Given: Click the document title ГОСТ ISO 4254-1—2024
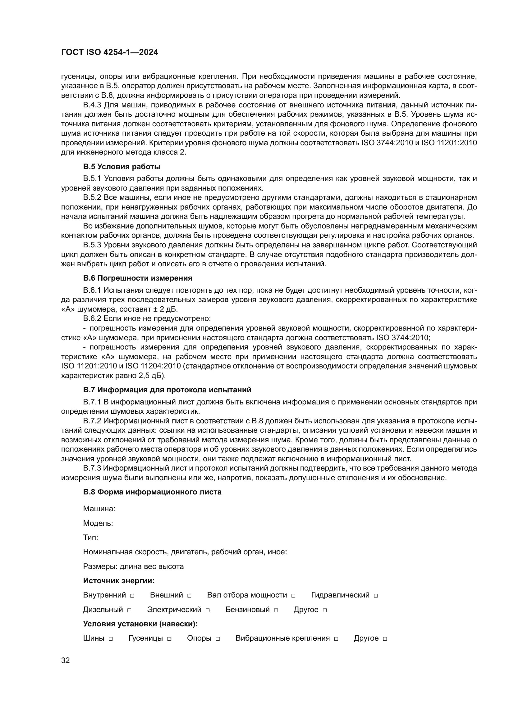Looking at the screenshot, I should coord(109,52).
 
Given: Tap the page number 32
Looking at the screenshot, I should coord(66,660).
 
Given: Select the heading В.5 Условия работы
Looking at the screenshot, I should coord(122,167).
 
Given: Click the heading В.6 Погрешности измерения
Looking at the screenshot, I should coord(138,278).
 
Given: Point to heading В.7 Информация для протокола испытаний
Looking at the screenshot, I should coord(167,390).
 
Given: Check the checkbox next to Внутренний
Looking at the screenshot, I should coord(132,596).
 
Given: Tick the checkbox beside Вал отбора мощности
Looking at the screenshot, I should coord(293,596).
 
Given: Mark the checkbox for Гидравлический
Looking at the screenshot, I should coord(376,596).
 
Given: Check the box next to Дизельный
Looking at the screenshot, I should coord(129,610).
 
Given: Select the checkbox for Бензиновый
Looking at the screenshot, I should coord(276,610).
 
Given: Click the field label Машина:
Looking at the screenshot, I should coord(99,509).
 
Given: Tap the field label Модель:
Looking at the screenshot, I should coord(98,523).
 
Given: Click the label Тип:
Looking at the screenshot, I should coord(90,538).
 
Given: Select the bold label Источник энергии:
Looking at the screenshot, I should coord(119,581).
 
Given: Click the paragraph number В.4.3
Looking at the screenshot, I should coord(93,105).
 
